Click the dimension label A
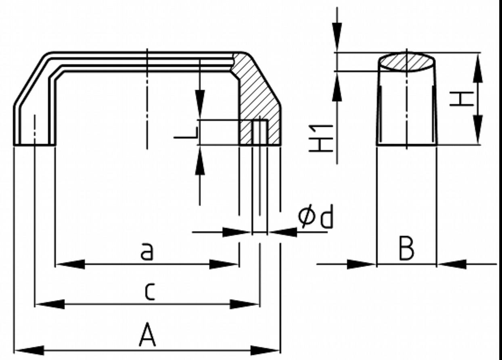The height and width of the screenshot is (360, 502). pos(147,337)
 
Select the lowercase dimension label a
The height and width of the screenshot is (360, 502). pos(147,252)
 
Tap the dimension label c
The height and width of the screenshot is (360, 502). pos(149,292)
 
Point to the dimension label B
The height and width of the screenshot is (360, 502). pos(406,249)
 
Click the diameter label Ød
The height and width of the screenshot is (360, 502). pos(316,218)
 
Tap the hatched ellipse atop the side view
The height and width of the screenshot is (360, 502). pos(407,62)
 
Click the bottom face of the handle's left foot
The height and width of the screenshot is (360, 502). pos(35,144)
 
